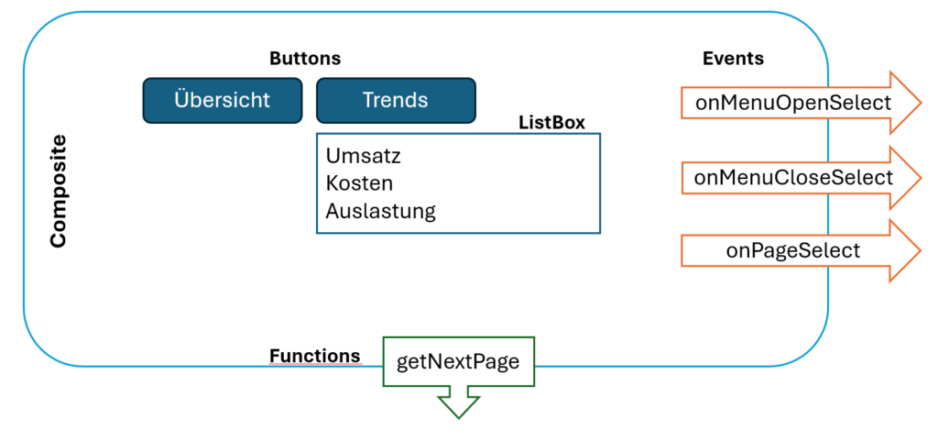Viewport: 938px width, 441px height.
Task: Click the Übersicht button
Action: (223, 101)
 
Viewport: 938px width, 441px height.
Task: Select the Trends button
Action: (396, 101)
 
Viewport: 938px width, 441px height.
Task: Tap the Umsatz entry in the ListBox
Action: (364, 157)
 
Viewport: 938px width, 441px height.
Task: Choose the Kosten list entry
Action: (359, 183)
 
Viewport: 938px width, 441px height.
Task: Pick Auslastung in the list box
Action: (381, 211)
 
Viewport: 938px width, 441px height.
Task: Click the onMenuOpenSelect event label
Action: (793, 103)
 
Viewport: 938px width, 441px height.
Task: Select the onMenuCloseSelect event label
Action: (793, 178)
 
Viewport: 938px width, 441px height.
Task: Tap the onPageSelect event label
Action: (793, 250)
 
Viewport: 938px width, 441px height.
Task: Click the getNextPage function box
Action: (458, 361)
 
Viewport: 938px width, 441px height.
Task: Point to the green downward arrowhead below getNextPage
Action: (459, 406)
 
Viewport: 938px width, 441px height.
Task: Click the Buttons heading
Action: (305, 59)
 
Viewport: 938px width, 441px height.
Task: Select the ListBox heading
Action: (552, 123)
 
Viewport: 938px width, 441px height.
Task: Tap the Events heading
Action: (734, 59)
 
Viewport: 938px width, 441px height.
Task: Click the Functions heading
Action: (315, 356)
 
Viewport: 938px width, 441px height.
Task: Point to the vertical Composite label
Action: (58, 192)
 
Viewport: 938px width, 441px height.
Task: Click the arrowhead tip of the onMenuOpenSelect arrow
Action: (921, 103)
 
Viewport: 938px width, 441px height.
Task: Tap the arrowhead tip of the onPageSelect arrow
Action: (921, 250)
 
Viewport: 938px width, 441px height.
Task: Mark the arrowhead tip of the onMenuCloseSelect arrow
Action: (921, 178)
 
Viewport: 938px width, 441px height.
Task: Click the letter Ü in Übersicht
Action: (182, 99)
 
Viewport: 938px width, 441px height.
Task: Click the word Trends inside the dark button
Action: (396, 101)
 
